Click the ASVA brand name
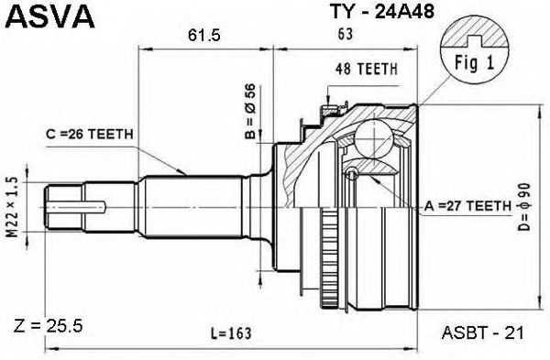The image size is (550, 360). pos(50,16)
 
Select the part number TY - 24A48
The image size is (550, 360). pos(382,12)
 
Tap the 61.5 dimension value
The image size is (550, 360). pos(203,36)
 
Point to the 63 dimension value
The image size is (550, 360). pos(345,34)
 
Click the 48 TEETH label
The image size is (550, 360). pos(366,70)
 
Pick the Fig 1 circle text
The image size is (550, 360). pos(474,63)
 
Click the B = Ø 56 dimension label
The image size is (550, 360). pos(251,112)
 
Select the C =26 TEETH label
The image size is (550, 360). pos(90,134)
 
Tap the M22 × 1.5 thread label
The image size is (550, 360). pos(12,207)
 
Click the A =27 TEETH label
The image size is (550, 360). pos(467,206)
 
